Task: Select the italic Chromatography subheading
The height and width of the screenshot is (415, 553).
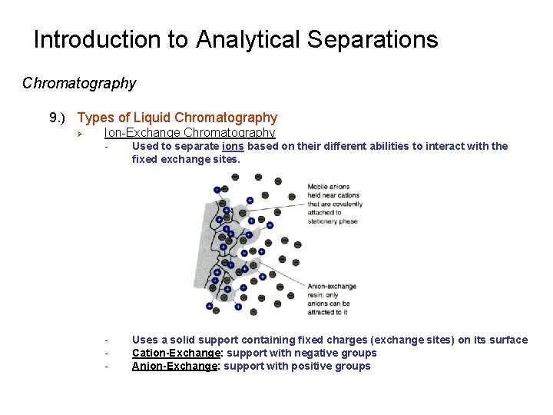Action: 79,83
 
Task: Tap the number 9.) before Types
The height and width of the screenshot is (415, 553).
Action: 59,118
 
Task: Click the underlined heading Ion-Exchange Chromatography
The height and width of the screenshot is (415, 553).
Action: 189,133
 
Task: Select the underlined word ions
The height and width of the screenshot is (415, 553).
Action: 232,146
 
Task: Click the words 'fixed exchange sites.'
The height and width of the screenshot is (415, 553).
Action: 186,159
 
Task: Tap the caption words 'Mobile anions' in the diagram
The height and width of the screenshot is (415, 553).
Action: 328,187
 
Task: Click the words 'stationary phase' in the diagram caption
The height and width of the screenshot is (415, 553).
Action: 333,221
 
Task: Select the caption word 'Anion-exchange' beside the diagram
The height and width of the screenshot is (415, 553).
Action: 332,287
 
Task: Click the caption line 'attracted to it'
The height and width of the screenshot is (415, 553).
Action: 329,313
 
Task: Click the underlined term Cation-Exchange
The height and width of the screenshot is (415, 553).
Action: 176,353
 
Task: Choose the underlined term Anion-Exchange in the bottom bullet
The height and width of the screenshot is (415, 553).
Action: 174,366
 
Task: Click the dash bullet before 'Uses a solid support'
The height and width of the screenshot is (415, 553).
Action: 108,340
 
